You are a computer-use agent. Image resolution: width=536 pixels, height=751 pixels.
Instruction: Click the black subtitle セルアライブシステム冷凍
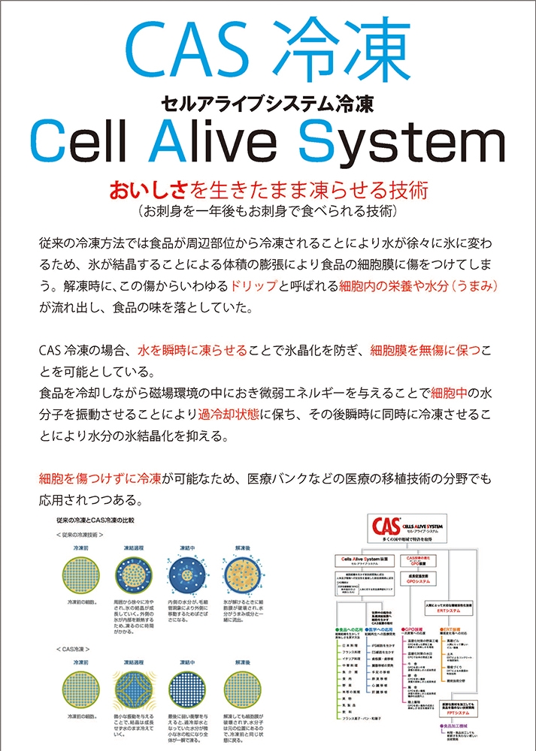click(268, 104)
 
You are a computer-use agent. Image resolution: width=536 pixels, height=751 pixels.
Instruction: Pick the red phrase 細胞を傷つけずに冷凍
click(99, 477)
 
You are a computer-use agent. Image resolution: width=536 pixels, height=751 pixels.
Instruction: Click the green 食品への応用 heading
click(353, 628)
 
